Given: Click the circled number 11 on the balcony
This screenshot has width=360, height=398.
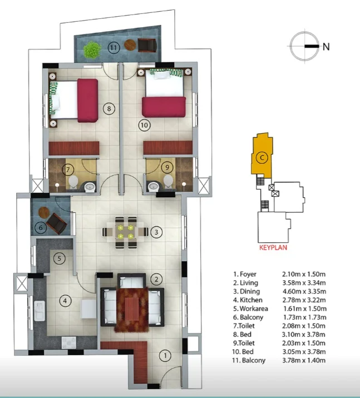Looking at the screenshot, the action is pos(114,48).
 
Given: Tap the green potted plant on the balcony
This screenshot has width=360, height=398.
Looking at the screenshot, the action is pos(92,49).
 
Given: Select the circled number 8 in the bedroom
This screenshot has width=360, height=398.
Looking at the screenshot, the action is pos(109,108).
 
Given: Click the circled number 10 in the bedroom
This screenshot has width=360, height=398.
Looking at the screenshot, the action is pos(144,125).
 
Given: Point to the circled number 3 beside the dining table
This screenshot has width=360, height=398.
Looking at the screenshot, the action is pos(156,232).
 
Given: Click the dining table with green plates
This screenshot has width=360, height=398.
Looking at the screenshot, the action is pos(126,232).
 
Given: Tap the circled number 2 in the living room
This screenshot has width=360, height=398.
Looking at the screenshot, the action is pos(156,279).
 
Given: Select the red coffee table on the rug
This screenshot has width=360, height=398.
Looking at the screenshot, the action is pos(132,309).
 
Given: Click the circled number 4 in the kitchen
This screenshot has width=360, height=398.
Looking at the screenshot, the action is pos(65,301).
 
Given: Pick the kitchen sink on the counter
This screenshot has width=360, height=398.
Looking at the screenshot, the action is pos(40,311).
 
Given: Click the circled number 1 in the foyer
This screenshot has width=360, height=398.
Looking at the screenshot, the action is pos(165,356).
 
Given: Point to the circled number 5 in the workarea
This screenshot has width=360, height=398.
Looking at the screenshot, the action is pos(59,258).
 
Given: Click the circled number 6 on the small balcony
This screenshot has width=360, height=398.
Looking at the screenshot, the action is pos(41,228).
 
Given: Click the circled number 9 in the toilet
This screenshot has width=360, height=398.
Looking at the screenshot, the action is pos(167,167).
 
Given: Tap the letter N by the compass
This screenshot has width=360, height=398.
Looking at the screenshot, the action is pos(326,47).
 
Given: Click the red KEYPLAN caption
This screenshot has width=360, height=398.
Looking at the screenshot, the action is pos(273,247).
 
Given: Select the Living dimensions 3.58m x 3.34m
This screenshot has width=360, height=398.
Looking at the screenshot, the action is pos(304,283).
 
